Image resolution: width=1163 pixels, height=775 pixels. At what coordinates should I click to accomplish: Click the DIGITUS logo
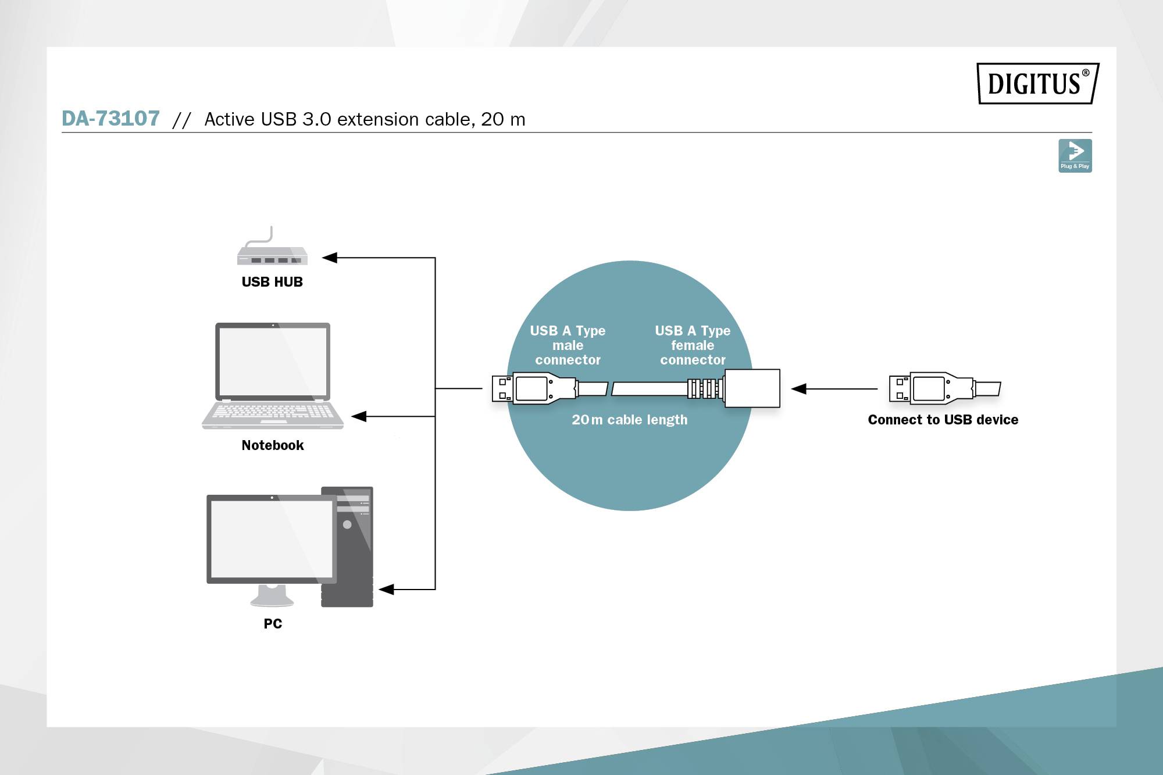point(1037,83)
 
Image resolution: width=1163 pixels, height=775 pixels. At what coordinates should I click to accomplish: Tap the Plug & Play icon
point(1075,155)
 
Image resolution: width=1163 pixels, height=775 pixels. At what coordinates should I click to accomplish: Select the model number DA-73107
point(110,119)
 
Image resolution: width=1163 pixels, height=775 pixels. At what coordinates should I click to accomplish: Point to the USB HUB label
point(272,282)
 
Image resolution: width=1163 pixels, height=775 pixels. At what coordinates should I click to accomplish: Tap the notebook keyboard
point(273,412)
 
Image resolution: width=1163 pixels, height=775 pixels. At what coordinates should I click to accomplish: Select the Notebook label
point(273,445)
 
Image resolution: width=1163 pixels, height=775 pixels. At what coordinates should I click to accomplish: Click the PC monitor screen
point(271,538)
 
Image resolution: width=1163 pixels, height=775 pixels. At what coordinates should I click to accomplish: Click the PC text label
point(273,624)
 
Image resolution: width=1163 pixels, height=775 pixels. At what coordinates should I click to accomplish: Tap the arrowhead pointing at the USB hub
point(330,258)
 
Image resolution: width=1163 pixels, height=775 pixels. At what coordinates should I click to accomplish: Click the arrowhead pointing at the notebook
point(359,416)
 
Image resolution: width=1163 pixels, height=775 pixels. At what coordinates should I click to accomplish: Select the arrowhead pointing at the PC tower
point(387,590)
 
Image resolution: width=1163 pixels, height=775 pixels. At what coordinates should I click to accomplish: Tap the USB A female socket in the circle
point(751,388)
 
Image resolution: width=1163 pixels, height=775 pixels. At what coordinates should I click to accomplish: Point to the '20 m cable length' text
point(629,420)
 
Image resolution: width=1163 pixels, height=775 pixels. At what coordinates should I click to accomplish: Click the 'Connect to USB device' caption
point(943,420)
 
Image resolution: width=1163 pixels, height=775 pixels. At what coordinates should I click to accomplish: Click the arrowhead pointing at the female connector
point(799,389)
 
